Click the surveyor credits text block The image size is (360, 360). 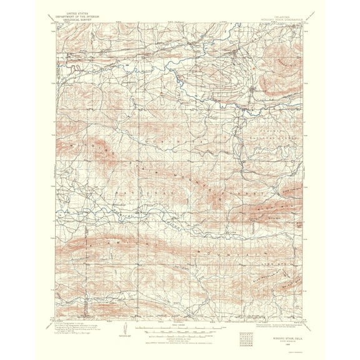[72, 325]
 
